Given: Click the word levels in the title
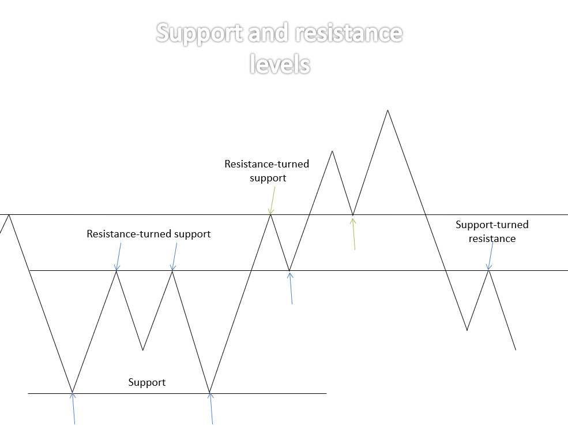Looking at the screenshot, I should click(x=280, y=63).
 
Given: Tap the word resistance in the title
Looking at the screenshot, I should click(x=348, y=33).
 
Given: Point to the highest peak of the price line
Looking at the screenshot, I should click(x=388, y=110).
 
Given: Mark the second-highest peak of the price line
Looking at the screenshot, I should click(x=332, y=151).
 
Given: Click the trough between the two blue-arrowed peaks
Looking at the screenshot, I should click(x=142, y=350).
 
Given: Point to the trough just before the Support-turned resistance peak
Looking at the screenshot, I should click(x=467, y=330).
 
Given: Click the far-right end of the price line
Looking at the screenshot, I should click(x=515, y=349).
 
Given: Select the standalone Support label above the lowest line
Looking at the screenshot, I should click(x=146, y=382).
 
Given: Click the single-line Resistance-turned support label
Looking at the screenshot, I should click(x=148, y=234).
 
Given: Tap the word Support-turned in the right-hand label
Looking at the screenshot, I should click(x=492, y=225).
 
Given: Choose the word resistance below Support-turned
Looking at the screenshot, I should click(x=492, y=239).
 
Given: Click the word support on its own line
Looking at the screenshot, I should click(x=268, y=178).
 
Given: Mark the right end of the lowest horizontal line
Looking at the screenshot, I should click(x=326, y=393).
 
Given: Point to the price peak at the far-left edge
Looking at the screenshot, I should click(x=9, y=214).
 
